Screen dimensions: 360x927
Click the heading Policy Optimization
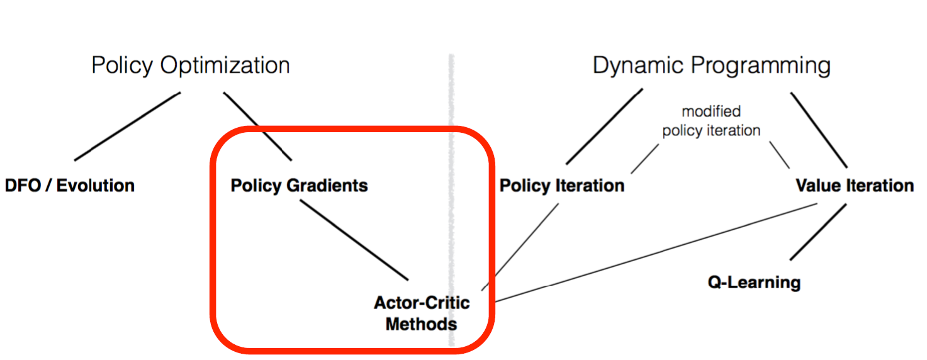[191, 65]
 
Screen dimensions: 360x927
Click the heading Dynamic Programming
[711, 65]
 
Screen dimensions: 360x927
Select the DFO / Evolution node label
[70, 186]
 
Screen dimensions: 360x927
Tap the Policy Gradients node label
[299, 186]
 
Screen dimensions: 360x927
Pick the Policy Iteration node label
[562, 186]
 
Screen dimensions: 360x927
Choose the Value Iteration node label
[855, 186]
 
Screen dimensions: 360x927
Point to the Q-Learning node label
[754, 281]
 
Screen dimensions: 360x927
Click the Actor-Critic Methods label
[422, 313]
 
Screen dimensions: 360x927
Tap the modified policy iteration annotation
[711, 121]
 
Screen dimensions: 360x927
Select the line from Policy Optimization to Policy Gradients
[258, 126]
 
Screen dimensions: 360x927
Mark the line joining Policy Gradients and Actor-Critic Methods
[354, 240]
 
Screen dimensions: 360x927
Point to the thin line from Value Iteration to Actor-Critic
[655, 251]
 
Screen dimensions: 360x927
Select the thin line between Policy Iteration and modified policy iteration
[644, 158]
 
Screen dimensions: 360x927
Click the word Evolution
[96, 186]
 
